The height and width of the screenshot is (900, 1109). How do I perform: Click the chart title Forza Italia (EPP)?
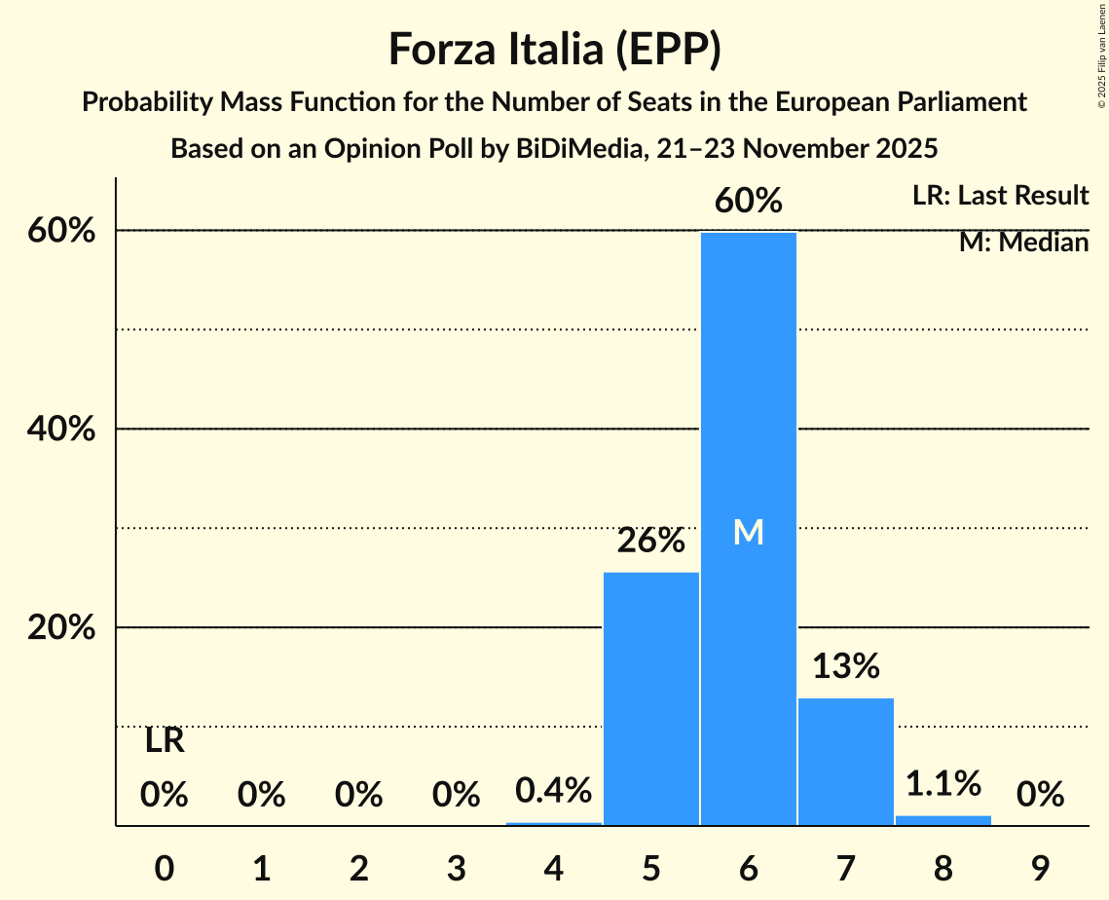point(554,50)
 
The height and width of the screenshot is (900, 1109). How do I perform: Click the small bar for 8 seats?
point(943,820)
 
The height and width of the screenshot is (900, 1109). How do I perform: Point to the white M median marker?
point(748,532)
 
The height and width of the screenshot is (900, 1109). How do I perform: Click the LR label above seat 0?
point(165,741)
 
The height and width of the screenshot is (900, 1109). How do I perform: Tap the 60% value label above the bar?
point(748,201)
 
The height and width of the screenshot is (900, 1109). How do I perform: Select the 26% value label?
point(651,541)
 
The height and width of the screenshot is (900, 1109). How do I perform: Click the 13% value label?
point(845,666)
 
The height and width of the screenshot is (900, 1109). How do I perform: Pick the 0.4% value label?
point(554,790)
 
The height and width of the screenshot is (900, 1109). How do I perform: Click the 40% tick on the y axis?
point(67,430)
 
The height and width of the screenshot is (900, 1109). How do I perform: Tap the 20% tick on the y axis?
point(67,628)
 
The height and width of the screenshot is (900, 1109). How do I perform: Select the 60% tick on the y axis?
point(67,231)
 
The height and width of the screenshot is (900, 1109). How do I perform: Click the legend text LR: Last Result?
point(1000,196)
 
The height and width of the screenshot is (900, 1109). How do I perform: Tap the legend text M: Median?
point(1023,242)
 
